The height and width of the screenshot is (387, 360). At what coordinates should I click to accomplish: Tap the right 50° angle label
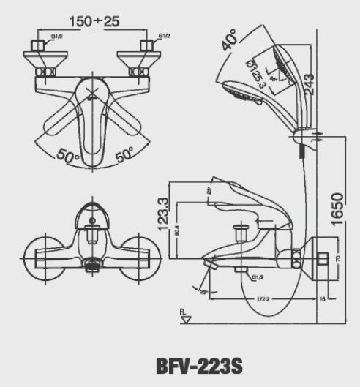124,154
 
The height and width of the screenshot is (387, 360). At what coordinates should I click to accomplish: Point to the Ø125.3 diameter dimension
258,71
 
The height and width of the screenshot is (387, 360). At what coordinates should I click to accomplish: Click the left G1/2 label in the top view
56,35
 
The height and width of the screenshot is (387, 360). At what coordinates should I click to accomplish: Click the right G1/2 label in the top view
165,35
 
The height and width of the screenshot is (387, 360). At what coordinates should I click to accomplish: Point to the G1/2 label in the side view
258,278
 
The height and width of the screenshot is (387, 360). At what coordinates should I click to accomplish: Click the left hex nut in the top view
37,49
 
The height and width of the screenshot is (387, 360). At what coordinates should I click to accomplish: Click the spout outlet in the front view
91,266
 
